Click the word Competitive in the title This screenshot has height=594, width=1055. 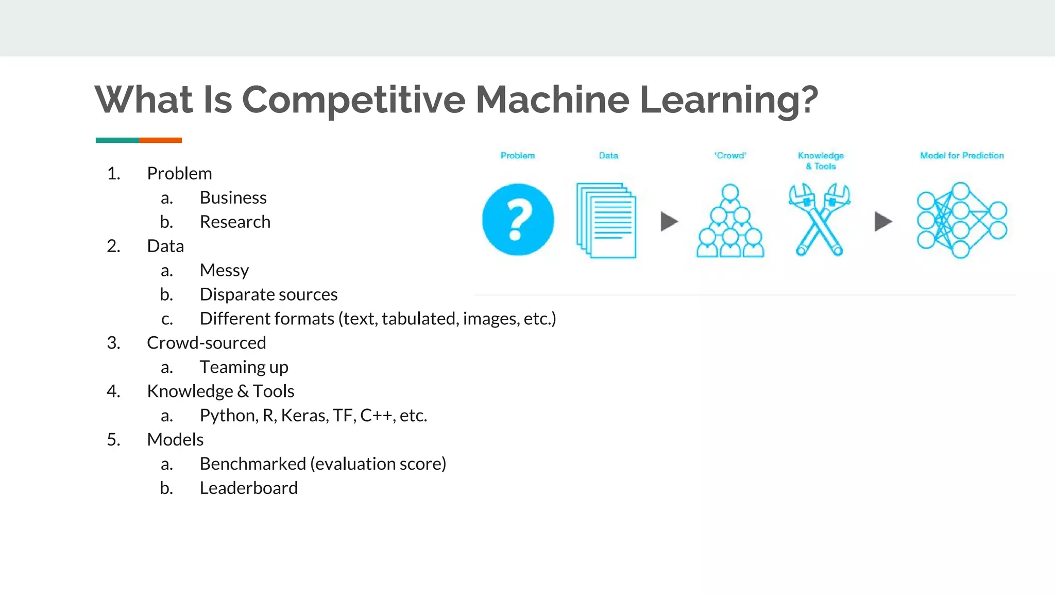pos(353,100)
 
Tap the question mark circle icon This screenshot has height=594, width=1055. pos(518,220)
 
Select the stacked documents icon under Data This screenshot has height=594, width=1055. pos(606,220)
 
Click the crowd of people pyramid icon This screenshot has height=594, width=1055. pos(730,221)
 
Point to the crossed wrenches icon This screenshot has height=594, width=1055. pos(819,220)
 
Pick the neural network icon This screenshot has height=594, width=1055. pos(961,220)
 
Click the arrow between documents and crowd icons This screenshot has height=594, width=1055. pos(669,222)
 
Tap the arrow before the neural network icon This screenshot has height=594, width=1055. pos(883,222)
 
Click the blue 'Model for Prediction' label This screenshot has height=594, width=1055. pos(962,156)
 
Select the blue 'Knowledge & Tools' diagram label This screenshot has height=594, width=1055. pos(821,160)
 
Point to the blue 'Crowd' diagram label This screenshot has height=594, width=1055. pos(730,156)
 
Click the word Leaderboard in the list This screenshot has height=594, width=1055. pos(248,488)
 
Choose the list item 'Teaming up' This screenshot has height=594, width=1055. pos(244,367)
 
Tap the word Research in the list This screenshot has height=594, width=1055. pos(235,222)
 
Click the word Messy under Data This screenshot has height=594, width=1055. pos(224,270)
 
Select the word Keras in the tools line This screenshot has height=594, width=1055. pos(304,416)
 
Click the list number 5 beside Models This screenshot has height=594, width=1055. pos(113,440)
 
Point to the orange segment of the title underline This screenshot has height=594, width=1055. pos(160,140)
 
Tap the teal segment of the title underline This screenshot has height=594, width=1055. pos(117,140)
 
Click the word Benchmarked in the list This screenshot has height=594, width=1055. pos(252,464)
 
